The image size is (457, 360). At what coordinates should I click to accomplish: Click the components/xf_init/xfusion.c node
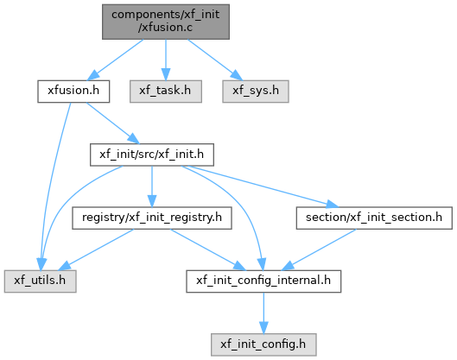pos(166,22)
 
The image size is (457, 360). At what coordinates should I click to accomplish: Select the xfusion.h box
pos(73,92)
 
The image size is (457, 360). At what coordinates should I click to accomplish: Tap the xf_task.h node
pos(166,92)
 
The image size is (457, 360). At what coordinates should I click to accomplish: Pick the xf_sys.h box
pos(256,92)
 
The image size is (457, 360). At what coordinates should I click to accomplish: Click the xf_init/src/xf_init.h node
pos(152,155)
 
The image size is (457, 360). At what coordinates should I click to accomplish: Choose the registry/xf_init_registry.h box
pos(152,218)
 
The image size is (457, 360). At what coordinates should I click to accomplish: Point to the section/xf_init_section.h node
pos(374,218)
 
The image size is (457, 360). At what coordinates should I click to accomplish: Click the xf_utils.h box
pos(41,281)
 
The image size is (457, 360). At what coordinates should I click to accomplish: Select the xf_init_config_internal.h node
pos(263,281)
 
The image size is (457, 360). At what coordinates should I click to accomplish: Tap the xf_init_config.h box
pos(263,344)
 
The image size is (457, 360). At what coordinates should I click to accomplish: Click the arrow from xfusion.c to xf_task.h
pos(166,60)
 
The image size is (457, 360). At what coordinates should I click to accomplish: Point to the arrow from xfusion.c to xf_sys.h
pos(215,60)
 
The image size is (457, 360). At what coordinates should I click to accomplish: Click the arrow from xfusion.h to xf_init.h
pos(113,123)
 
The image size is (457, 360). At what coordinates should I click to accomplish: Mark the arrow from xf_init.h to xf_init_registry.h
pos(152,186)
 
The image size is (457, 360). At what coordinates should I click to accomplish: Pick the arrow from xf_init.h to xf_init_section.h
pos(260,186)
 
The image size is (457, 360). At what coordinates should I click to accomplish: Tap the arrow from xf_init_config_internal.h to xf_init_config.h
pos(263,313)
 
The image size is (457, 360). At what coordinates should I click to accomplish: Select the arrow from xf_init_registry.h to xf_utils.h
pos(96,249)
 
